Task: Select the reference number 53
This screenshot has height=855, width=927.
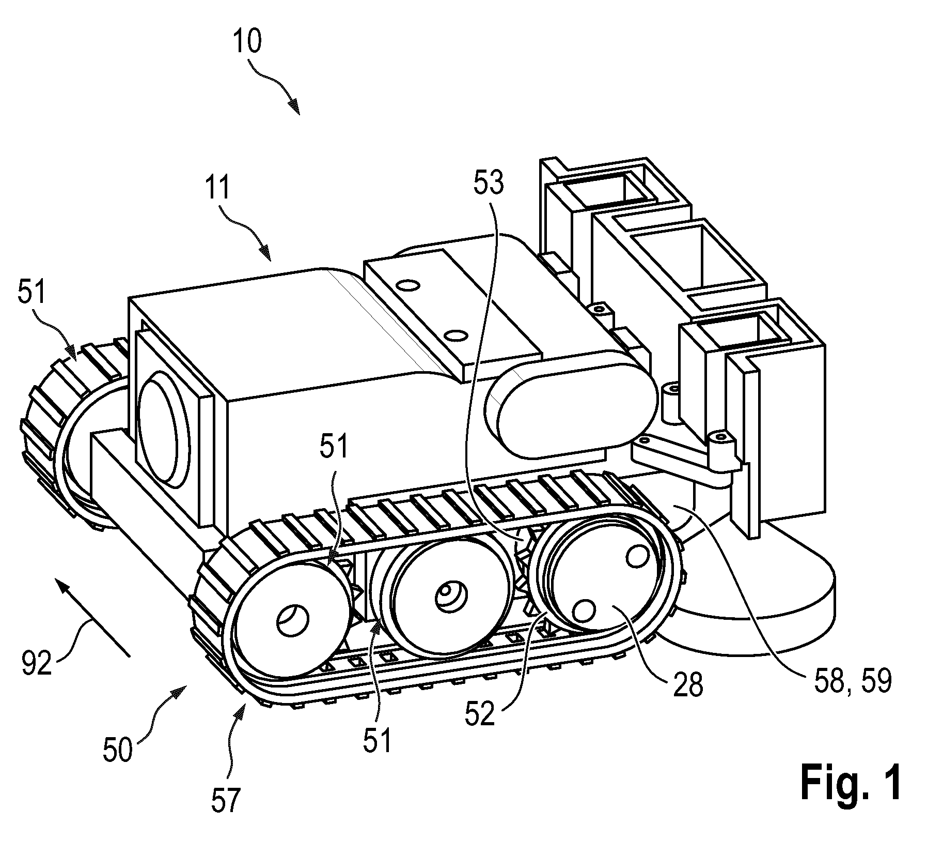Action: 489,184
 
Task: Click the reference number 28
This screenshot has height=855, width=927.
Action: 688,685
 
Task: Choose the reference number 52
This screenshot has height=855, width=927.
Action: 480,715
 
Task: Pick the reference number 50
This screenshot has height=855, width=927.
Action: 118,751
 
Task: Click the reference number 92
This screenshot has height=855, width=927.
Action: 37,663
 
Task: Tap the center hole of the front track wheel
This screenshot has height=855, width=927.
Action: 293,620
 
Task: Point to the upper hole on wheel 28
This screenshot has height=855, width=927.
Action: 637,556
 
